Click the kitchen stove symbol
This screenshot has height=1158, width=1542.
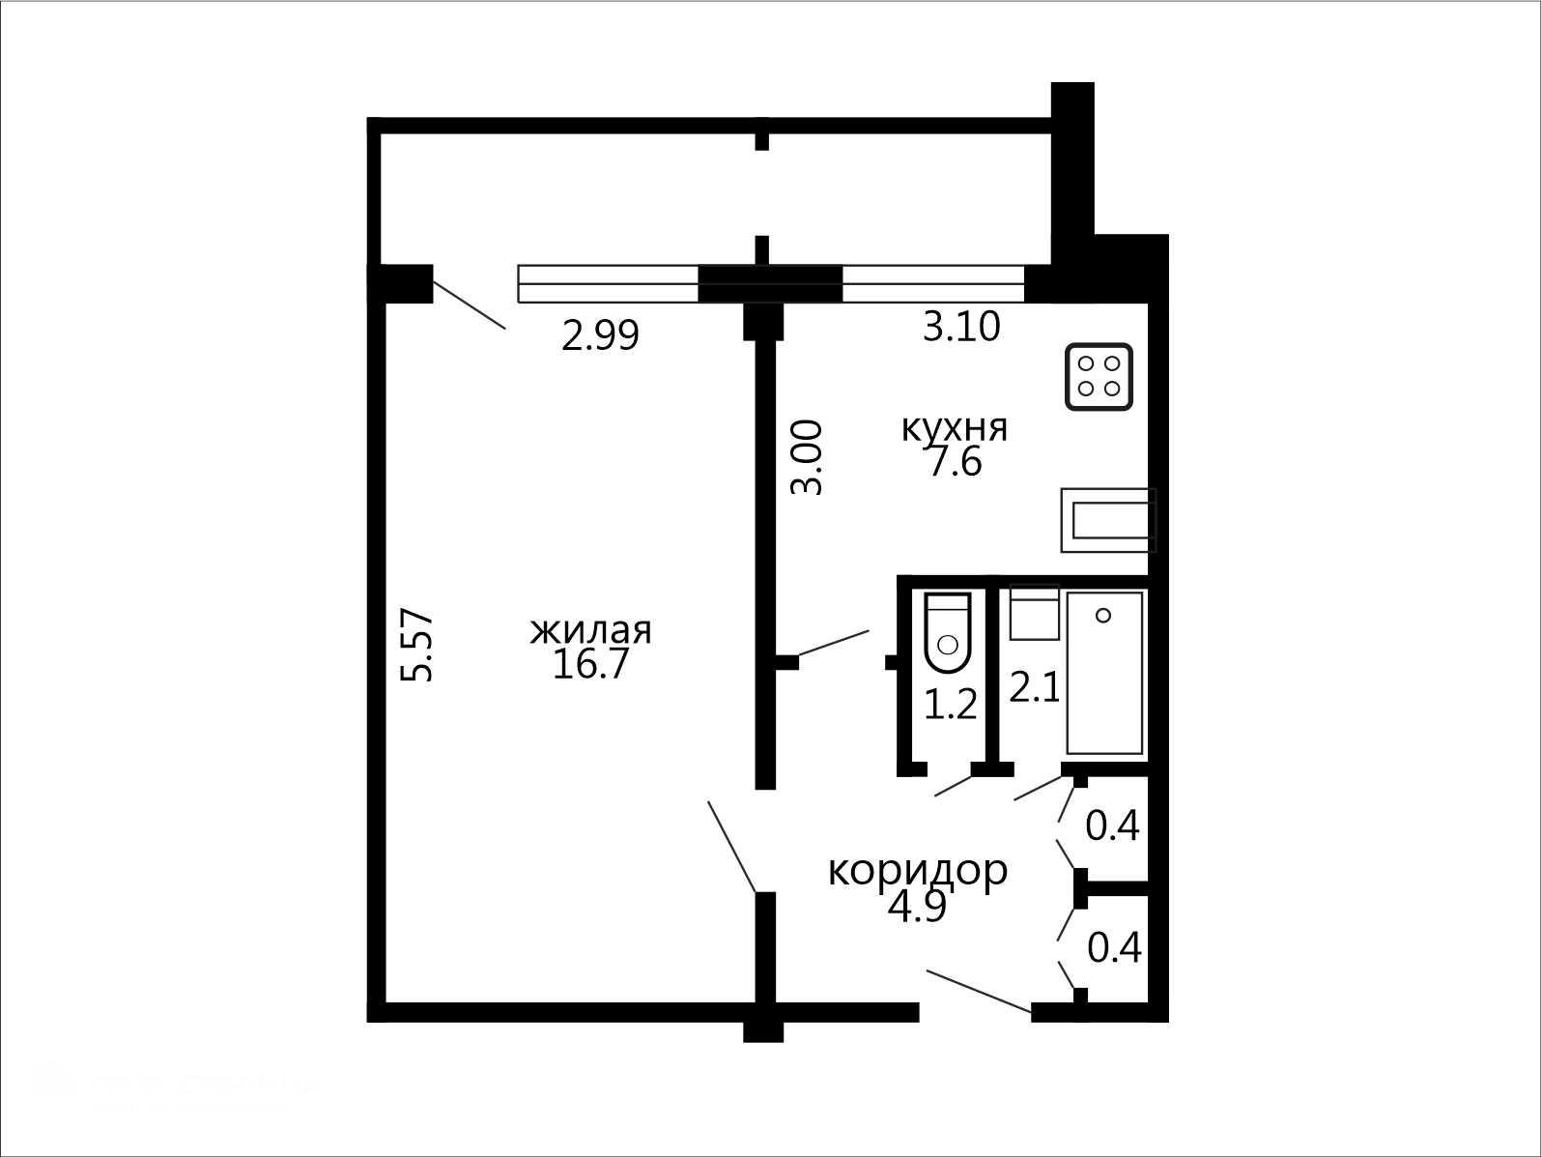point(1099,377)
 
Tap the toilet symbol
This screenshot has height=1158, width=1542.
point(948,632)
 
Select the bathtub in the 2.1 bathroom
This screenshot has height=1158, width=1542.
point(1105,673)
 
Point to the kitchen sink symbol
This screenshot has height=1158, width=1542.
point(1108,520)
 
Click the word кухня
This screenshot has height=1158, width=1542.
point(955,428)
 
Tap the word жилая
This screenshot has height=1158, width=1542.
point(590,630)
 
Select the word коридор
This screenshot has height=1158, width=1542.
point(918,872)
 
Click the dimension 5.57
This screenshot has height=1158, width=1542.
point(416,645)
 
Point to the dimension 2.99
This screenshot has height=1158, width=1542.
point(600,335)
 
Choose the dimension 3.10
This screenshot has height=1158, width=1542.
point(961,327)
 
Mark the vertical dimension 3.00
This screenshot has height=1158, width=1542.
point(807,457)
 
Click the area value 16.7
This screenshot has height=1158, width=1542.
point(590,664)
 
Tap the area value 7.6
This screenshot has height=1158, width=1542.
point(955,462)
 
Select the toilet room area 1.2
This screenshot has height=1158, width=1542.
point(951,704)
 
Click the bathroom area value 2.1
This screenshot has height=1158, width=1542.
point(1034,688)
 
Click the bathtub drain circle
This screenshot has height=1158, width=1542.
point(1103,616)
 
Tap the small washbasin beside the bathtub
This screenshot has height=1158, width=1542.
point(1034,613)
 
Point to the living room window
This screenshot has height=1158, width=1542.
point(608,284)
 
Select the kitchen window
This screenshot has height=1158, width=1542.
point(933,284)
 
